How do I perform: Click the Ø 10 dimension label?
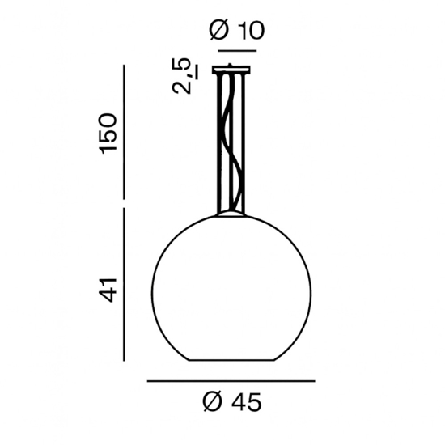point(237,31)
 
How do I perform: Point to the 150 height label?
point(108,133)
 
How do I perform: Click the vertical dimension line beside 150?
point(123,130)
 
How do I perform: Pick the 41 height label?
point(108,288)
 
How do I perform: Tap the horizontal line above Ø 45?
point(231,380)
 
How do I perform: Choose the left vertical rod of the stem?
point(219,142)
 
